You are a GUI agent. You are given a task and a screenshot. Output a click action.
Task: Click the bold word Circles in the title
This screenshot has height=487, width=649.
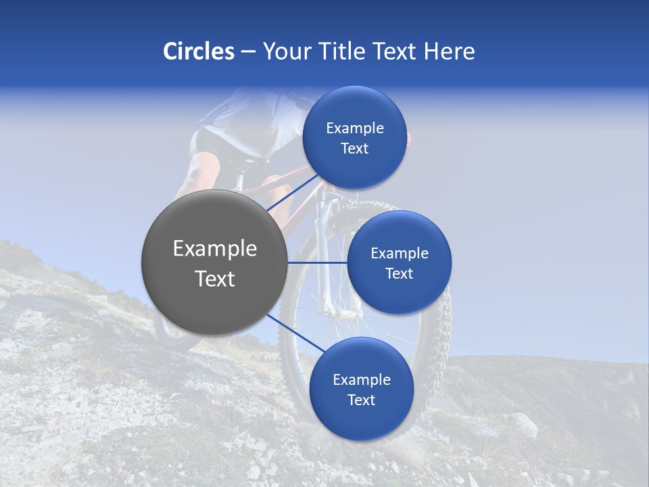(198, 51)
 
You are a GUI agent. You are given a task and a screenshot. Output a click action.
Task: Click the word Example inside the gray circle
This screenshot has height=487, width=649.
(214, 249)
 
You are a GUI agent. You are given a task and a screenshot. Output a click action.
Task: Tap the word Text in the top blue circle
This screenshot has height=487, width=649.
(354, 149)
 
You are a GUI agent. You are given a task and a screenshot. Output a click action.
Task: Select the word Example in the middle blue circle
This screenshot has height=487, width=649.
(399, 253)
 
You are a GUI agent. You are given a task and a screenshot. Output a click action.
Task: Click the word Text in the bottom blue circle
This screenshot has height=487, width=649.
(361, 400)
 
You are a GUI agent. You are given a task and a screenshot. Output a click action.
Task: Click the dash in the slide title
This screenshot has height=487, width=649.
(247, 52)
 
